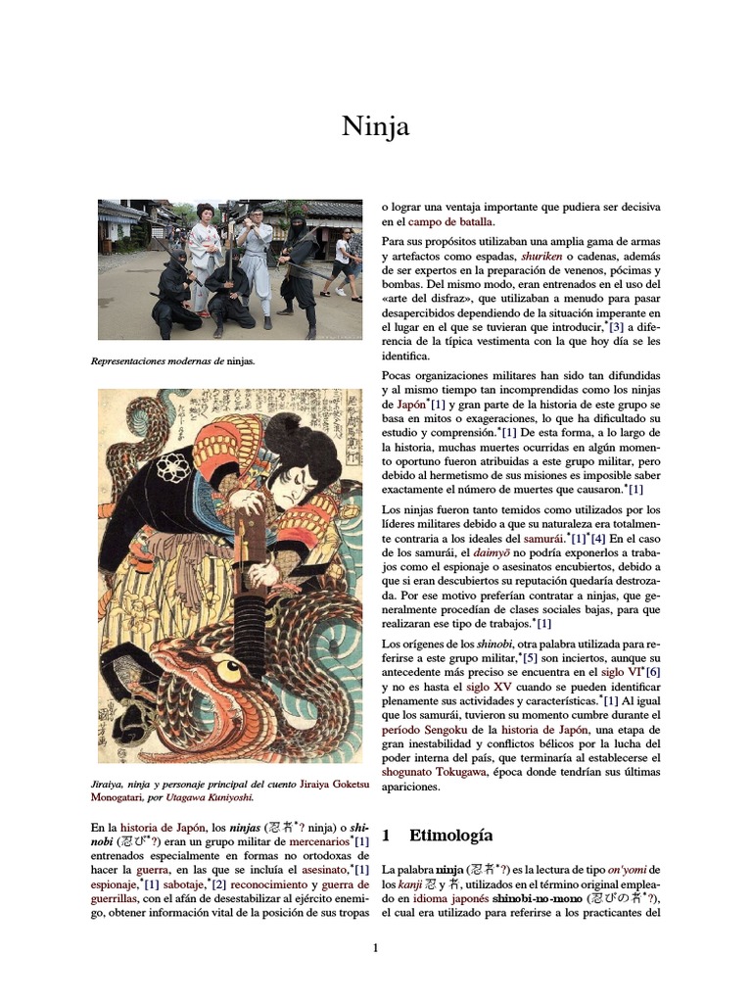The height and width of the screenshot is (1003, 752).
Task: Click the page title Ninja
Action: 375,126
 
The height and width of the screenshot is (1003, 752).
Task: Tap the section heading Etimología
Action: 450,836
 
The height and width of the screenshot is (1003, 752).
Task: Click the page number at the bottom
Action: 375,947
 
